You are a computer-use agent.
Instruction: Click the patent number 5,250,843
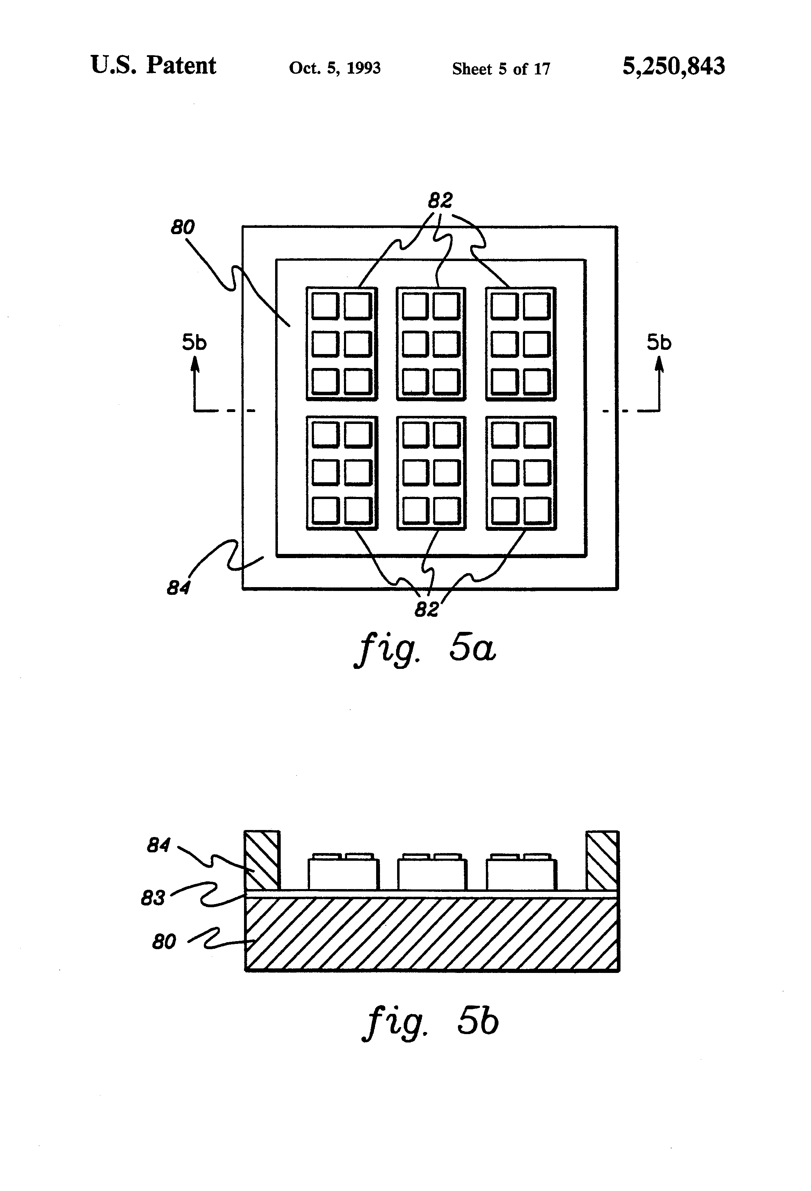pyautogui.click(x=673, y=66)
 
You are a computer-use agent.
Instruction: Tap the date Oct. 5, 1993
pyautogui.click(x=335, y=68)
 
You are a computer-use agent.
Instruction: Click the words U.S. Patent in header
pyautogui.click(x=153, y=66)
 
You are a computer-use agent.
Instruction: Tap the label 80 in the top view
pyautogui.click(x=182, y=227)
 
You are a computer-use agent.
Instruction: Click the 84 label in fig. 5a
pyautogui.click(x=178, y=588)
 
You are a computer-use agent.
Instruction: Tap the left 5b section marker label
pyautogui.click(x=194, y=342)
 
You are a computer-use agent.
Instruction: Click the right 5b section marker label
pyautogui.click(x=659, y=342)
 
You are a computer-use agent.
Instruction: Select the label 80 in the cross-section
pyautogui.click(x=164, y=941)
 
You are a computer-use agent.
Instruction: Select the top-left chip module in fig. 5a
pyautogui.click(x=342, y=344)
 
